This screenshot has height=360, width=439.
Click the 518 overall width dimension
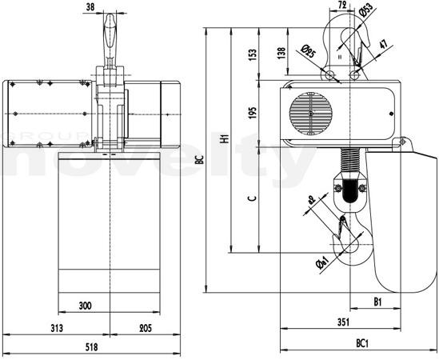91,347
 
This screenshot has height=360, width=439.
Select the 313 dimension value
57,328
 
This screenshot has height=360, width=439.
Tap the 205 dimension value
146,328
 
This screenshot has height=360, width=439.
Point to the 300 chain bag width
85,306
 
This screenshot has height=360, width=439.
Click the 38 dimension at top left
90,7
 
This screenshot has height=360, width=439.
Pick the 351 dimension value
343,322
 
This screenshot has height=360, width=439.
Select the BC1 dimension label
362,343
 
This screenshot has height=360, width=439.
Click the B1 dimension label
377,302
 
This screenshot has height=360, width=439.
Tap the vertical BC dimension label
200,160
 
